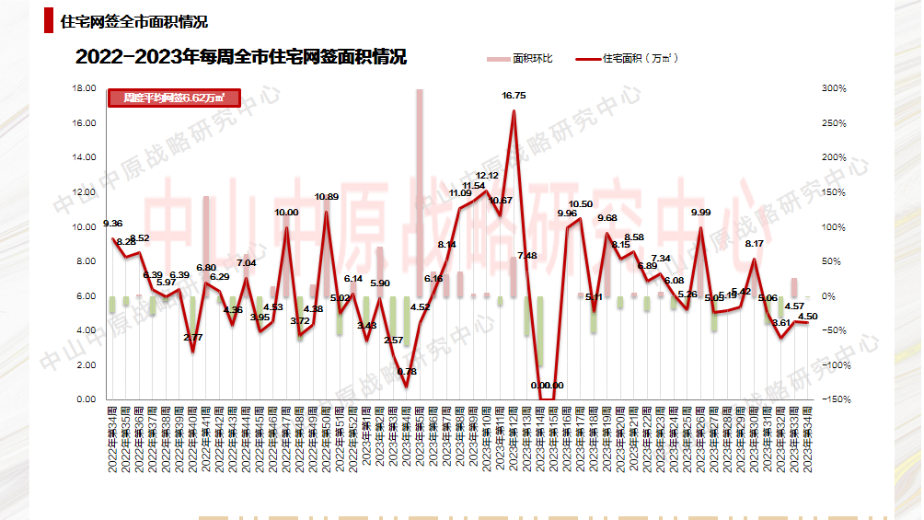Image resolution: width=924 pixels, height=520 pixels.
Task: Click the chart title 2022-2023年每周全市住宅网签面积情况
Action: [x=241, y=57]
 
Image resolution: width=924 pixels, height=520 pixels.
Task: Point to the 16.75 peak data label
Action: [x=514, y=96]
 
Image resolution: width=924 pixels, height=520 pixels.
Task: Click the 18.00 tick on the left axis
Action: [x=85, y=88]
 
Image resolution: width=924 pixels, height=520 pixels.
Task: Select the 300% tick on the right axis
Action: [x=834, y=88]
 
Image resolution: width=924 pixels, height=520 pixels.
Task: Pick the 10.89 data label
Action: [x=327, y=197]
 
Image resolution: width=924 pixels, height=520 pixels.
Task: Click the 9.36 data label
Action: [x=113, y=223]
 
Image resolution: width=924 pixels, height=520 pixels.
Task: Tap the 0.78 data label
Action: [x=406, y=371]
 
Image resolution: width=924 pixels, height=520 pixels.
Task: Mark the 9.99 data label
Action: [x=701, y=213]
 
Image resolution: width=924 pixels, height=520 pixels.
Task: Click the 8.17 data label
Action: [x=754, y=244]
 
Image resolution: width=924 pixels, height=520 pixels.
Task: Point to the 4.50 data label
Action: [x=807, y=317]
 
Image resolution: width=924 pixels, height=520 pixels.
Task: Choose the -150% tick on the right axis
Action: [x=834, y=399]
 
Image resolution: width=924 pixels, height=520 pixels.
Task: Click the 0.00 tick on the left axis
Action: [x=85, y=399]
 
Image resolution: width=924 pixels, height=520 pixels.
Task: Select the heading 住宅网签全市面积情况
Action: [x=133, y=22]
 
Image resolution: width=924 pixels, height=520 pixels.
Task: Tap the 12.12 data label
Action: [x=487, y=176]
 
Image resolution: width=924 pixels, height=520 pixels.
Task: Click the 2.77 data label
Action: [x=193, y=338]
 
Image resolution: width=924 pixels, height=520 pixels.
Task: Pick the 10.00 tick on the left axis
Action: [x=85, y=226]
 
